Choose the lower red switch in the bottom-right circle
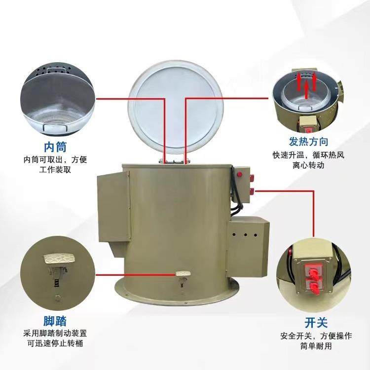tap(313, 284)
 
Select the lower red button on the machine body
tap(252, 190)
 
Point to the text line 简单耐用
tap(316, 347)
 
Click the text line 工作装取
tap(55, 170)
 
